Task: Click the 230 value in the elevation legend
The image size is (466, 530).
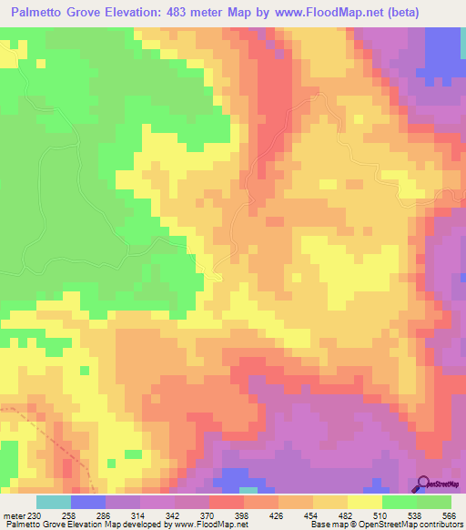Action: [x=35, y=515]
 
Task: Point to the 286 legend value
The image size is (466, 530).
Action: [x=104, y=515]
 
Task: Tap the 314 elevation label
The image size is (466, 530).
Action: [x=138, y=515]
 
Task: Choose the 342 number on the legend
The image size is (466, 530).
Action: [x=173, y=515]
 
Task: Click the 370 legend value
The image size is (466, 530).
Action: [x=208, y=515]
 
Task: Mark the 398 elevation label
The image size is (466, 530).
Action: [x=242, y=515]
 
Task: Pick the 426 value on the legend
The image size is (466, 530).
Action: [x=277, y=515]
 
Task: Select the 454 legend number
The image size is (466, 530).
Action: [x=311, y=515]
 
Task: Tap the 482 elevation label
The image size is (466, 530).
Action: [x=346, y=515]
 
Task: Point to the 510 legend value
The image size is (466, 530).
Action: [x=380, y=515]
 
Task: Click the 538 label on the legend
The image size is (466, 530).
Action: [x=415, y=515]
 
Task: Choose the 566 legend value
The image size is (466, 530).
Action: [x=450, y=515]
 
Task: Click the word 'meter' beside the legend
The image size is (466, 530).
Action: [x=13, y=515]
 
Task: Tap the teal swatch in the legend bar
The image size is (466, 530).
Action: [x=54, y=502]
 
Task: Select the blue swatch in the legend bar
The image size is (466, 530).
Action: [x=88, y=502]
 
